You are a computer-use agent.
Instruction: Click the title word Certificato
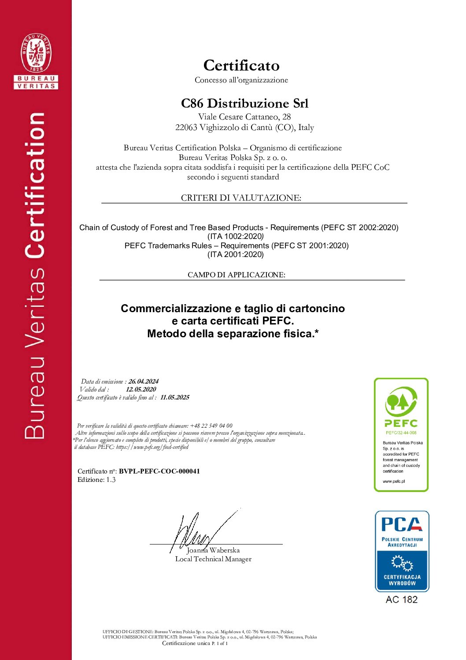click(x=241, y=65)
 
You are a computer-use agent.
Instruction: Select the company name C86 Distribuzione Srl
click(x=244, y=103)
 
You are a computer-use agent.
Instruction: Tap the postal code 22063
click(x=186, y=127)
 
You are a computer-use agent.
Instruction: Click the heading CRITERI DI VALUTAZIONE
click(x=241, y=198)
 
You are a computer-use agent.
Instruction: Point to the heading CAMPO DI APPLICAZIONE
click(x=236, y=275)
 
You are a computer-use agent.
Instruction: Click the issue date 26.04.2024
click(x=144, y=381)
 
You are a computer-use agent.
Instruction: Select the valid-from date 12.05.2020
click(x=141, y=389)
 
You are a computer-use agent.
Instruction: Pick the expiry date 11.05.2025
click(x=175, y=397)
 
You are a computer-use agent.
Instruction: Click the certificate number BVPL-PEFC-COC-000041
click(x=159, y=471)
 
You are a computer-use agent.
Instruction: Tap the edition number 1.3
click(x=111, y=480)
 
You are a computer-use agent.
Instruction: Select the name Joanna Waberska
click(x=213, y=550)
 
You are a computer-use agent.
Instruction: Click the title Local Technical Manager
click(x=213, y=559)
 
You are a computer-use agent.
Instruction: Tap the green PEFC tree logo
click(x=401, y=402)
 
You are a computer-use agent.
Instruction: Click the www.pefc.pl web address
click(x=394, y=481)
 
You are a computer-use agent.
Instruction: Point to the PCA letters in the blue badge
click(x=401, y=524)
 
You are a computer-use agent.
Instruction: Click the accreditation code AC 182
click(x=401, y=600)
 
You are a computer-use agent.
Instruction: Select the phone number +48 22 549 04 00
click(x=211, y=426)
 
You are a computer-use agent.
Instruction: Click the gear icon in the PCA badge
click(x=402, y=563)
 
